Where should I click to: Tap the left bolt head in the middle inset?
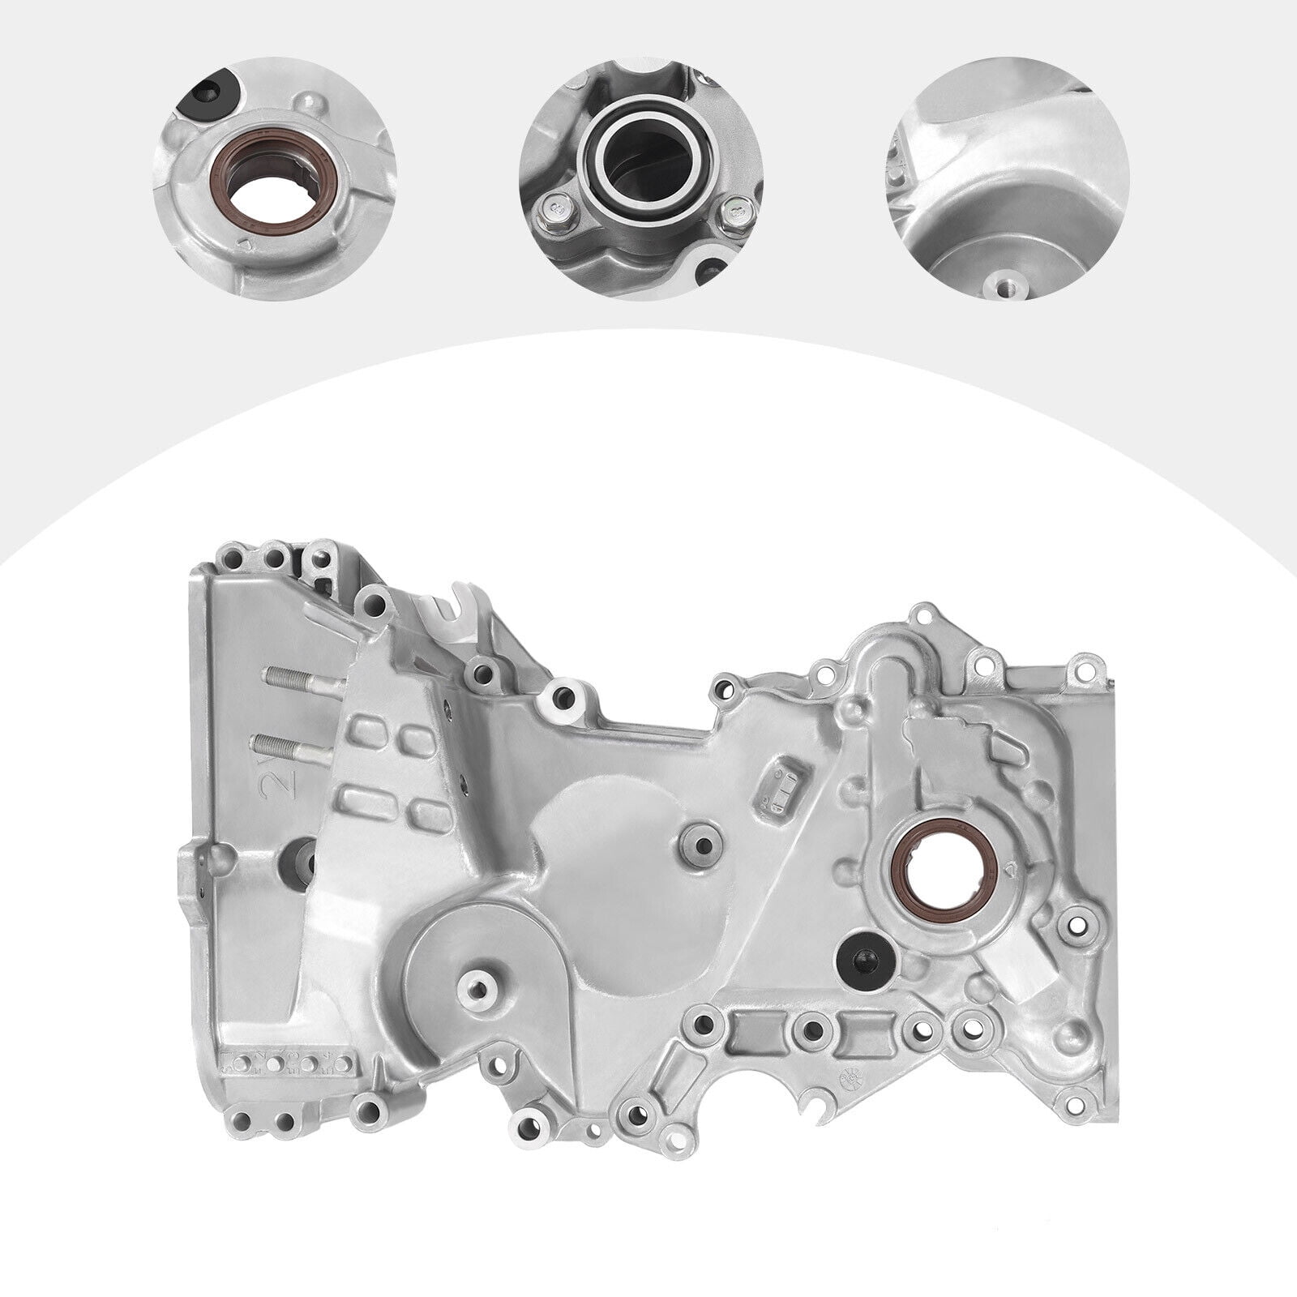559,212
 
